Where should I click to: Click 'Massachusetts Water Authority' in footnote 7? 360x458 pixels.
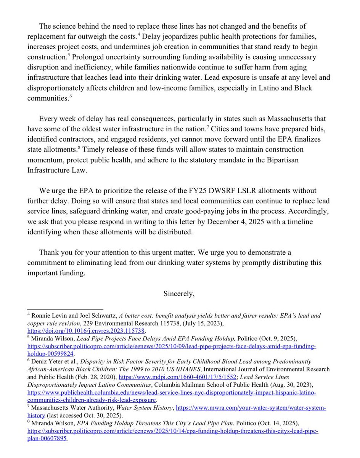71,408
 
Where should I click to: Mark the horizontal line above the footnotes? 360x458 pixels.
65,309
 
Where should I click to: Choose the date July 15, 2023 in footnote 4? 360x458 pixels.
195,323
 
